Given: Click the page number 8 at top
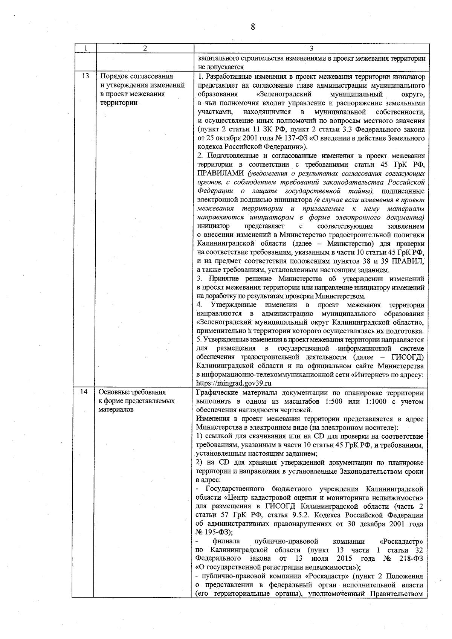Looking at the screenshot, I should point(253,27).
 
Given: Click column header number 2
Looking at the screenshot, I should point(145,48).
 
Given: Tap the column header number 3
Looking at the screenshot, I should point(311,48).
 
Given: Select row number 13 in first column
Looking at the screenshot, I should point(85,76).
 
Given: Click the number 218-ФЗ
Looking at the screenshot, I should point(411,558).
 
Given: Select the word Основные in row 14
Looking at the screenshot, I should point(114,392).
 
